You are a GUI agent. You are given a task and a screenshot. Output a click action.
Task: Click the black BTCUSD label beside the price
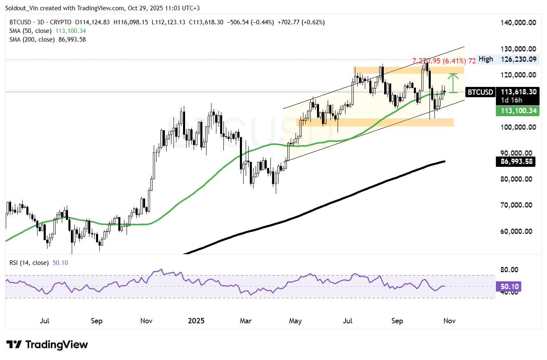[x=480, y=92]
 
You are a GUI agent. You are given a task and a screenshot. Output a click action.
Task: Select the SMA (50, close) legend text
[x=28, y=30]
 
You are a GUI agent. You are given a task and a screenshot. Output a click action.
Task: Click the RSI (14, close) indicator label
[x=27, y=262]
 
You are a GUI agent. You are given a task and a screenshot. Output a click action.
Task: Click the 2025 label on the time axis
[x=196, y=320]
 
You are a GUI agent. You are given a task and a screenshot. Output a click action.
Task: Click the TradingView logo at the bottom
[x=47, y=344]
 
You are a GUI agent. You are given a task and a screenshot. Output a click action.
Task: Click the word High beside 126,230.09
[x=486, y=59]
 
